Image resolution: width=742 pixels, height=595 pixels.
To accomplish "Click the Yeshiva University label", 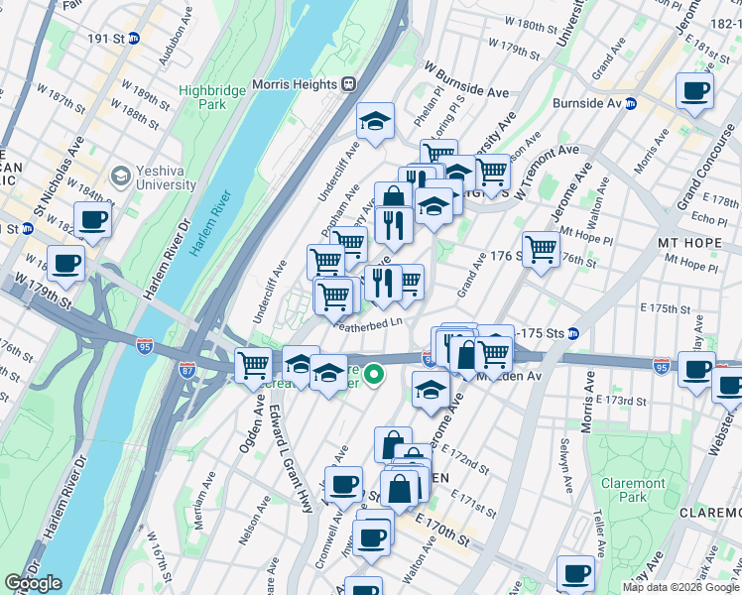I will pyautogui.click(x=153, y=177).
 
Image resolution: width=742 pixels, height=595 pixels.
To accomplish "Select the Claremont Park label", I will pyautogui.click(x=633, y=490).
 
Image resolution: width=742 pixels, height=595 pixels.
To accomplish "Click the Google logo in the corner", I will pyautogui.click(x=33, y=583).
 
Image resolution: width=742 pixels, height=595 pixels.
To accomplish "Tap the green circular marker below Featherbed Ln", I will pyautogui.click(x=374, y=375).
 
